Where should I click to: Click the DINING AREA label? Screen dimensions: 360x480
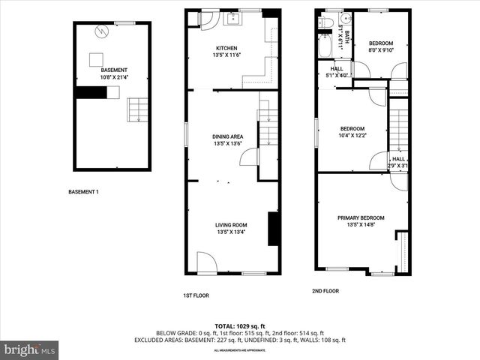(x=231, y=136)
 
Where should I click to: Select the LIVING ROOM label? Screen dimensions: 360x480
(x=231, y=224)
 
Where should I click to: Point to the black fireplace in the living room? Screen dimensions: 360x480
(x=274, y=229)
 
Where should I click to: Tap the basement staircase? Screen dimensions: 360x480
(x=137, y=110)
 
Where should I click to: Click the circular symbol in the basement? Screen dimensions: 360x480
(x=103, y=31)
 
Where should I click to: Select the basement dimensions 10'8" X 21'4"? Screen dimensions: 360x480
(x=114, y=77)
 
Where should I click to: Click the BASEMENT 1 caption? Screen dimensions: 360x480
(x=83, y=192)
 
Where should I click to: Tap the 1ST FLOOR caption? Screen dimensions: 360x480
(x=196, y=295)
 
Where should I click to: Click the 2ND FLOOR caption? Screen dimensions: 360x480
(x=325, y=291)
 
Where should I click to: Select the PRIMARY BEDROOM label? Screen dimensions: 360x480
(x=361, y=217)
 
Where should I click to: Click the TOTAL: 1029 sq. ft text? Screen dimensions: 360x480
(x=239, y=325)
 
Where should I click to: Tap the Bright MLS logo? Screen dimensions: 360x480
(x=30, y=349)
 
